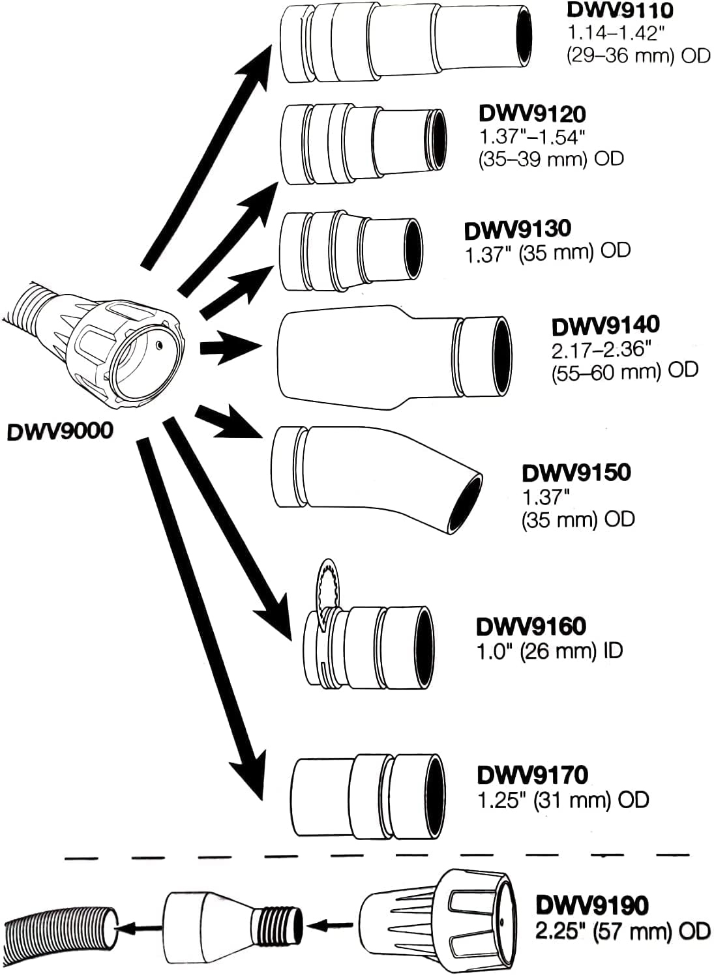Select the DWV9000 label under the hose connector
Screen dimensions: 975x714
point(59,431)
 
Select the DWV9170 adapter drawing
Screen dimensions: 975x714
point(368,796)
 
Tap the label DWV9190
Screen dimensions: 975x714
point(591,905)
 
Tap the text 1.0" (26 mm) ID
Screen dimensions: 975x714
point(549,650)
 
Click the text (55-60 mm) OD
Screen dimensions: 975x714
point(624,370)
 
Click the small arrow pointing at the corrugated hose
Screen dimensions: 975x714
point(138,925)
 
